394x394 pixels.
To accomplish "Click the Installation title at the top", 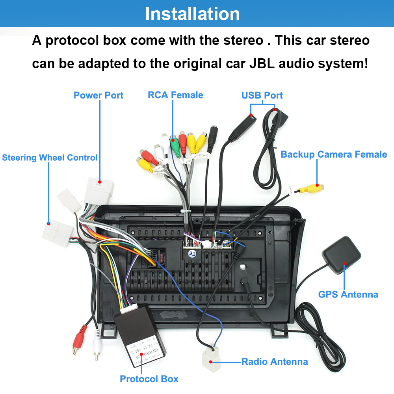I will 192,14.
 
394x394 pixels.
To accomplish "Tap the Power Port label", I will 98,95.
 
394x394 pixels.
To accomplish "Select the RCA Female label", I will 175,95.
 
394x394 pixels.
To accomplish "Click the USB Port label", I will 262,95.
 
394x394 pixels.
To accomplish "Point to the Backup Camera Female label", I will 334,154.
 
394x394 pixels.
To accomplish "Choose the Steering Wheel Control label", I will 50,158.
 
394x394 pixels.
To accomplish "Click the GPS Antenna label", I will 348,294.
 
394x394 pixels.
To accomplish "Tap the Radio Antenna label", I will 275,361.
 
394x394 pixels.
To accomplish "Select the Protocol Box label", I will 149,379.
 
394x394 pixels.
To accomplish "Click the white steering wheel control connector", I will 57,232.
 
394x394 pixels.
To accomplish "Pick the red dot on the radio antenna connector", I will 211,361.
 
